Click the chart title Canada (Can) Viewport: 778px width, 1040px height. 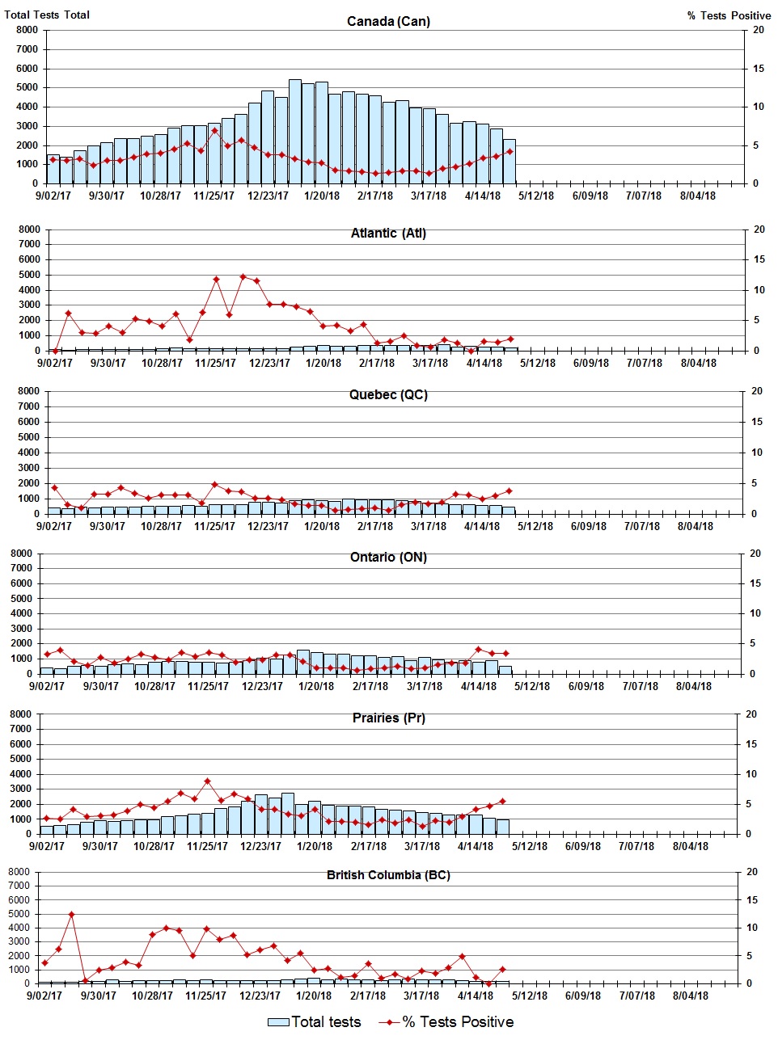388,21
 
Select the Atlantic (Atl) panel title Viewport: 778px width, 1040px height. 388,233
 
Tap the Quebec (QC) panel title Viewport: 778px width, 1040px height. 388,394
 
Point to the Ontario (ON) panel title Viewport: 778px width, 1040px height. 388,557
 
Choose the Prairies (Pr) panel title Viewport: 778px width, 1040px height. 388,718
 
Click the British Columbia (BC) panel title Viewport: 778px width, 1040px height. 388,875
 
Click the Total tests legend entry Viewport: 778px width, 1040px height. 315,1022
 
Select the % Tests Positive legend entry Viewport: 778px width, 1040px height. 446,1022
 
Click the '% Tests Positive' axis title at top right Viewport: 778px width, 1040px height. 729,15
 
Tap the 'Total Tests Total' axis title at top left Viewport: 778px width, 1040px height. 47,15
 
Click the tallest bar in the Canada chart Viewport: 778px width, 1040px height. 295,132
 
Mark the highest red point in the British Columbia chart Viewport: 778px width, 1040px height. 71,914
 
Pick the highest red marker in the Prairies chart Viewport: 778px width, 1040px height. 207,781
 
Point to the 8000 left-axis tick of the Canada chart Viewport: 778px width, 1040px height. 27,30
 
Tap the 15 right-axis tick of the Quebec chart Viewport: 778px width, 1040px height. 757,422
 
